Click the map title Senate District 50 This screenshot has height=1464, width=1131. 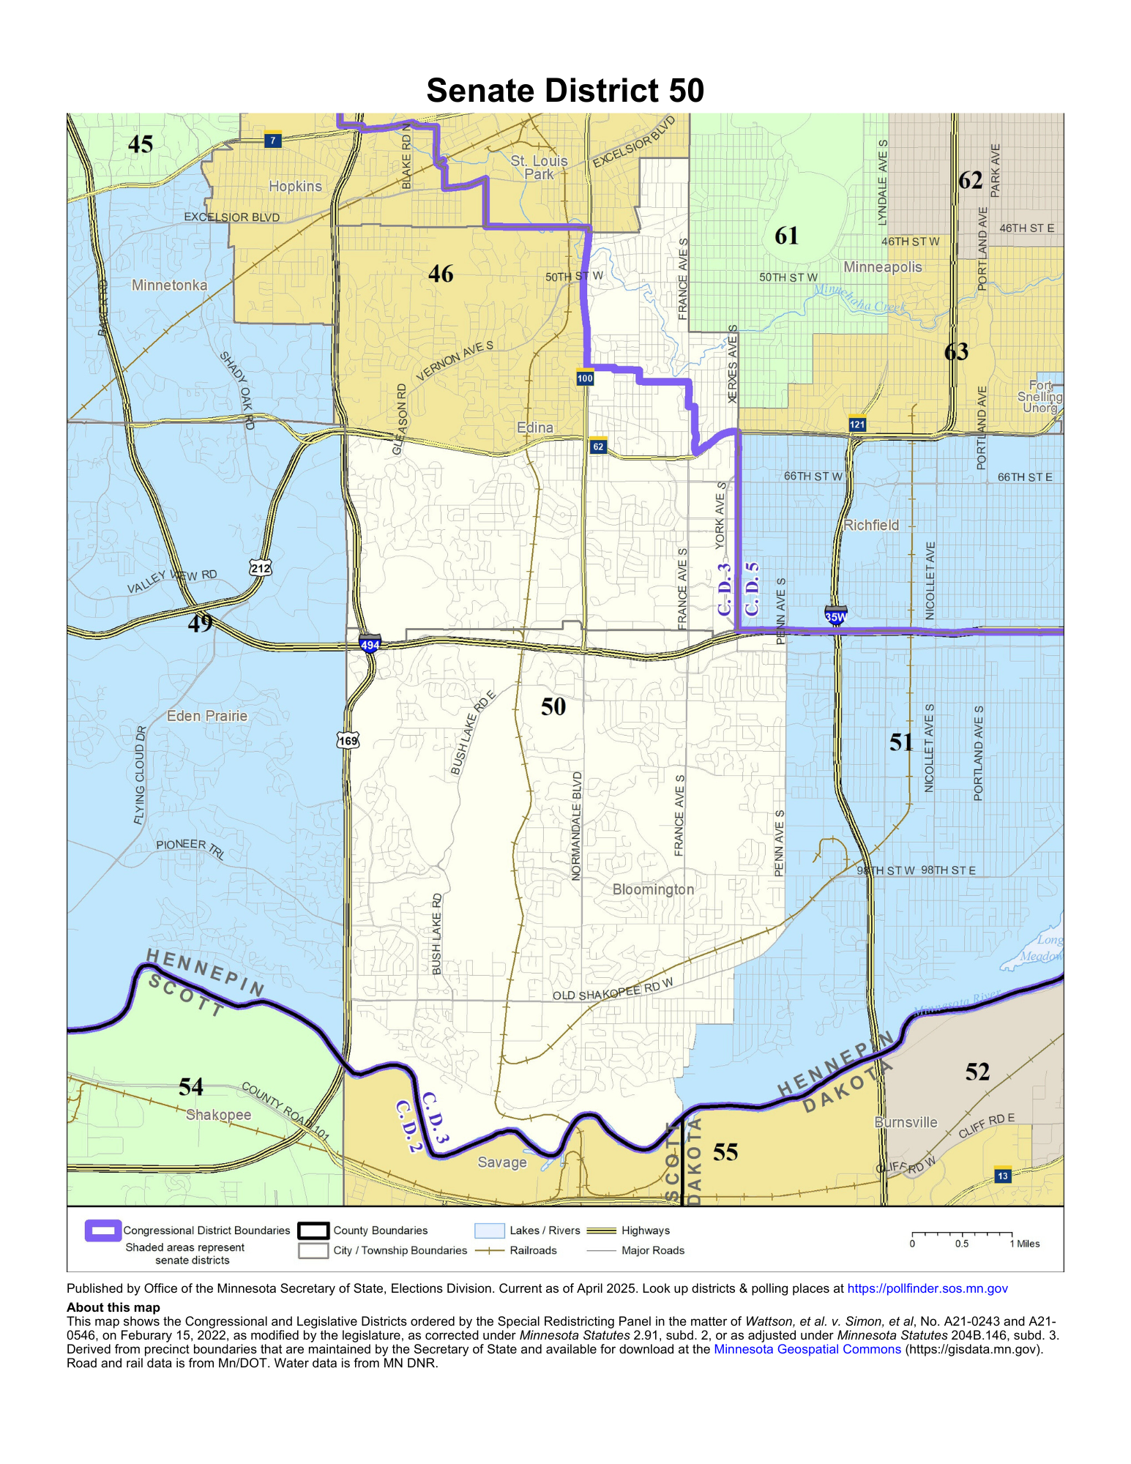point(564,91)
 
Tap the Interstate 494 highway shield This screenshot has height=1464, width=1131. point(370,645)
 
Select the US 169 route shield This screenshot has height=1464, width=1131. point(348,740)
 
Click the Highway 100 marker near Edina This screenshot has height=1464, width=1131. point(585,378)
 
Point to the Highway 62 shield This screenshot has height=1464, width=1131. point(598,446)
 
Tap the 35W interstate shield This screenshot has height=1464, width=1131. point(835,616)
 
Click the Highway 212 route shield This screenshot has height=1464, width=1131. point(260,567)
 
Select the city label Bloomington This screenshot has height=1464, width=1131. point(653,889)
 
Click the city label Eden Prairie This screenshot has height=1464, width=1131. point(207,716)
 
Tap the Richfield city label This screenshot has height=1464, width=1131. point(871,525)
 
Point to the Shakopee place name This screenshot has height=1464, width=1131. point(218,1115)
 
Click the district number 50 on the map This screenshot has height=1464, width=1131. point(553,706)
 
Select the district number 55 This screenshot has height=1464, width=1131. point(725,1152)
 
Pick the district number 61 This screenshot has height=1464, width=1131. point(787,236)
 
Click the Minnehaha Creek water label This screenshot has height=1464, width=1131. point(860,299)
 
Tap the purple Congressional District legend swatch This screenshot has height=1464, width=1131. point(102,1230)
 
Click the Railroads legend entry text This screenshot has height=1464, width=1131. point(533,1250)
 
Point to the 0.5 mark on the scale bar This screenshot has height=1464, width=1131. point(962,1244)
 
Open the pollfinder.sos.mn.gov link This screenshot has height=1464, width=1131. point(927,1288)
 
